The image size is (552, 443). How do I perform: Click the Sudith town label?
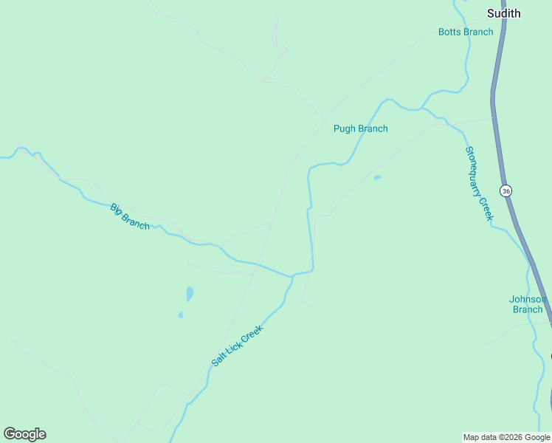pos(504,13)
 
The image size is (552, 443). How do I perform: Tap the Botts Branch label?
pos(466,32)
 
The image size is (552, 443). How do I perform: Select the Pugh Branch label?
pos(360,128)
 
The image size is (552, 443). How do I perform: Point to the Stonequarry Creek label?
pos(478,183)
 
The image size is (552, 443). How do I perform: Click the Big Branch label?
pos(130,216)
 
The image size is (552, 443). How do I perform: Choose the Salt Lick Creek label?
pos(237,346)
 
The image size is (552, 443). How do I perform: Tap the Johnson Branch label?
pos(528,304)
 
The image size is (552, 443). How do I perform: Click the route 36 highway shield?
pos(506,190)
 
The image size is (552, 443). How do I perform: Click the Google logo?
pos(24,434)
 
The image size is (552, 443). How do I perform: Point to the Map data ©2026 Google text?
pos(506,437)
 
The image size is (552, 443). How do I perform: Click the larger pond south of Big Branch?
pos(190,294)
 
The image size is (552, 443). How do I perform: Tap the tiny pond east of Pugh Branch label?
pos(377,177)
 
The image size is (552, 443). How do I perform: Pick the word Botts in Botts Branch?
pos(449,32)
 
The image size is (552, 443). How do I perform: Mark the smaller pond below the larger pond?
pos(180,315)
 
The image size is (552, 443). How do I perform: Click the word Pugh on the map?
pos(345,128)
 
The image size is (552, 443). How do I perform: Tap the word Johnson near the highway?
pos(528,299)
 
